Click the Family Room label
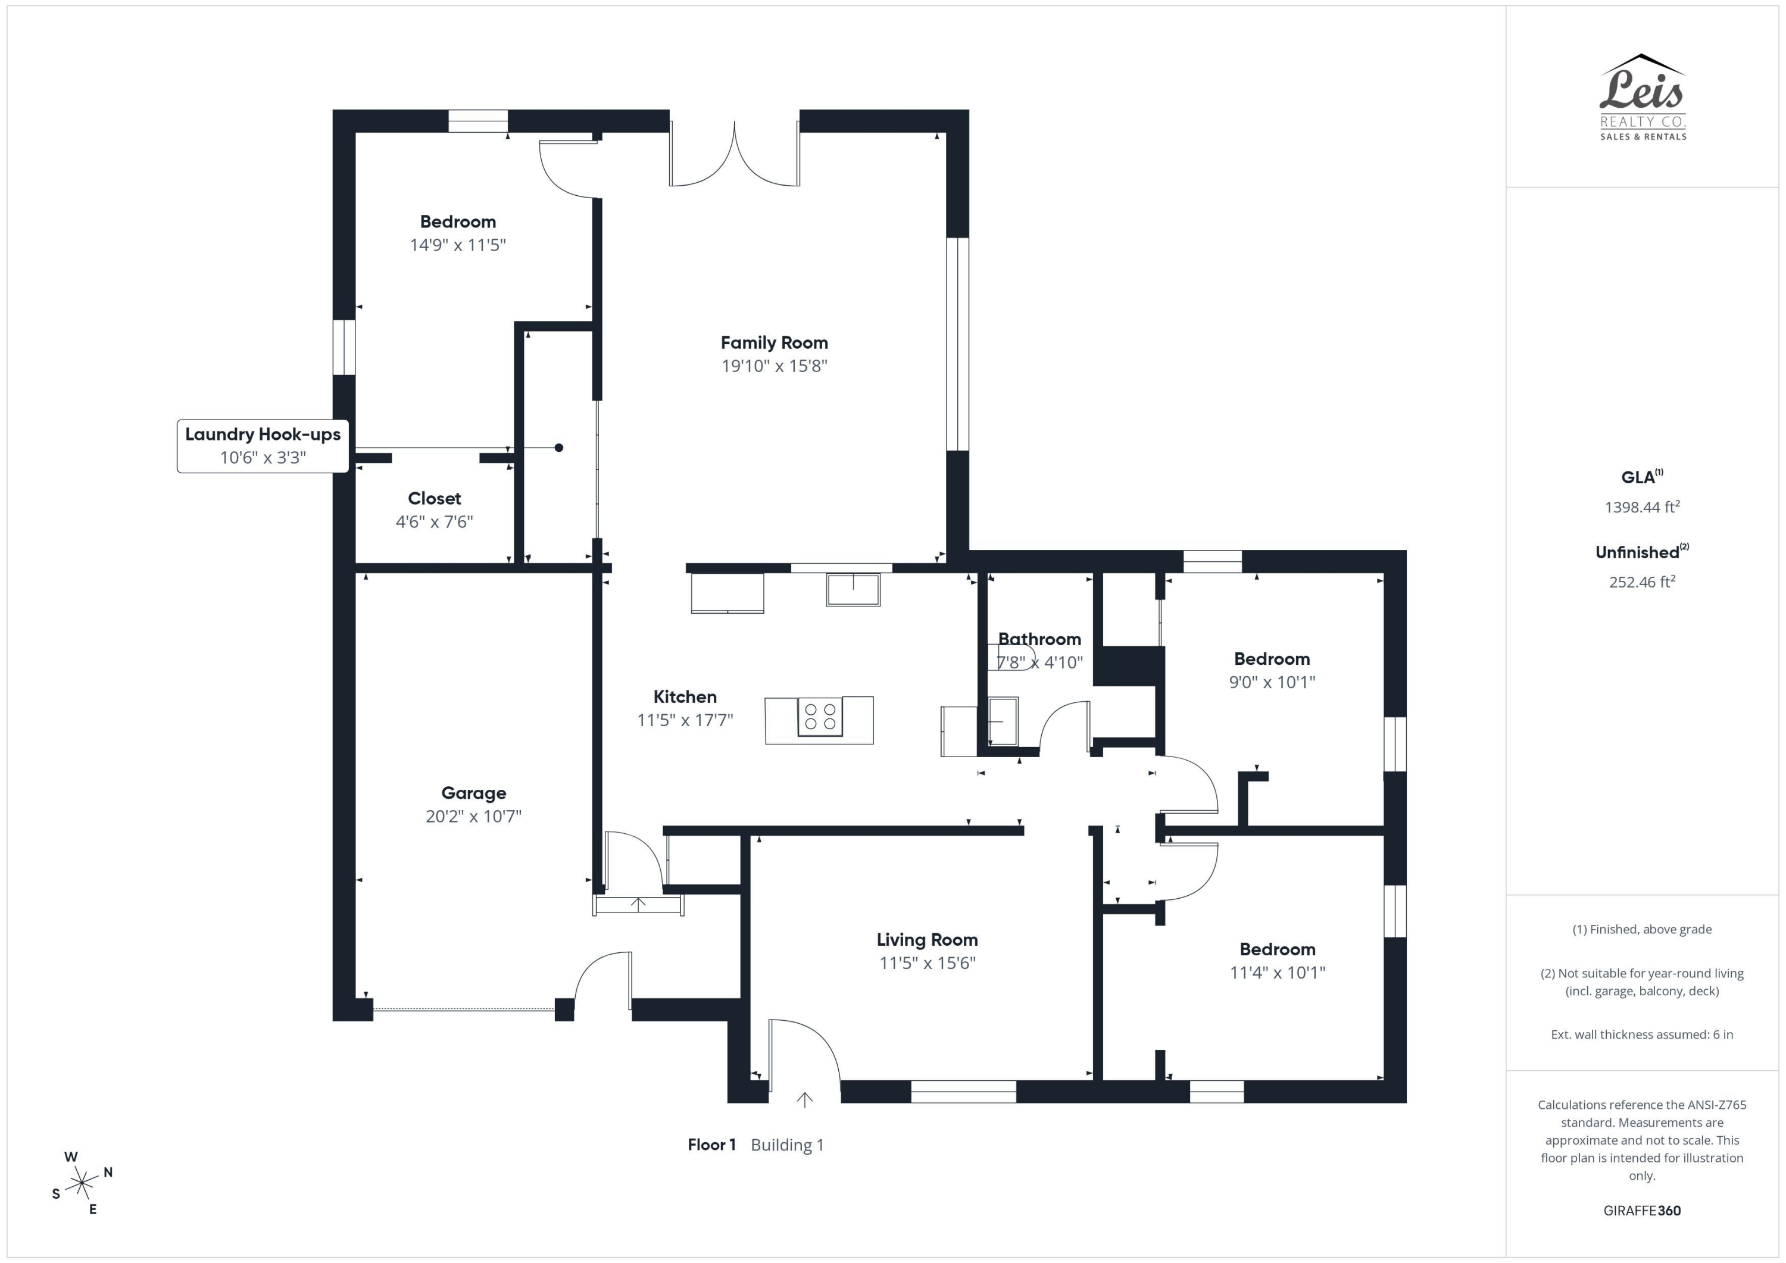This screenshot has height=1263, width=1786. [774, 343]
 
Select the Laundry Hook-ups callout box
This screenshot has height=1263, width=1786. [263, 446]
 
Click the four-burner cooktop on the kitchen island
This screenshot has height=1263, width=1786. [820, 716]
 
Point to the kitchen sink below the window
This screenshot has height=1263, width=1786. [853, 589]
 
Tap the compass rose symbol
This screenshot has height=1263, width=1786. [82, 1183]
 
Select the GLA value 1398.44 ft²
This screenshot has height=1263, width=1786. [1641, 507]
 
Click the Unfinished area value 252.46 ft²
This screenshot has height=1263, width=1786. [1641, 582]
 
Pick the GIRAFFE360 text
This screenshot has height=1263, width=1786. [1641, 1210]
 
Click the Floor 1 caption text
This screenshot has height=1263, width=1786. [711, 1145]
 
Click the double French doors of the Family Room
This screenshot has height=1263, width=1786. [734, 155]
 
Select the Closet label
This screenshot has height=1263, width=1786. [434, 499]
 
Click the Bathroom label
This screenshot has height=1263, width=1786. [1039, 639]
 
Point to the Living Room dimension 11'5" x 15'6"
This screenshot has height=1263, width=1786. [927, 963]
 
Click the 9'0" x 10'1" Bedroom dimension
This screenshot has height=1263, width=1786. [1272, 682]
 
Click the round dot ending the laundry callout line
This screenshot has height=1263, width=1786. [558, 447]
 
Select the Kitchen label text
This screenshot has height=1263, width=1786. [685, 697]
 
